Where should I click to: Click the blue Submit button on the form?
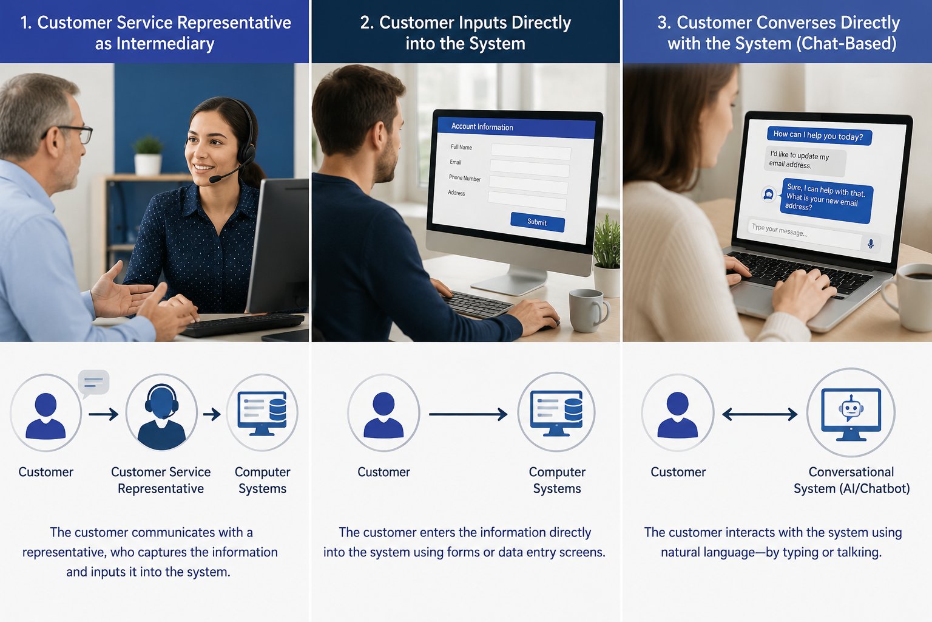point(538,222)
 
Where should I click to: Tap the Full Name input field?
point(531,151)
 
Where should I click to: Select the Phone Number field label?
point(465,178)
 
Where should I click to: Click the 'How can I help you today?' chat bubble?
point(819,135)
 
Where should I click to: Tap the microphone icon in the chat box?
point(871,244)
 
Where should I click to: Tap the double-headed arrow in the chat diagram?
point(760,414)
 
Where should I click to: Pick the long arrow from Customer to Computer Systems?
point(468,414)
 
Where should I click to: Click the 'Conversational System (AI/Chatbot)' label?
point(851,480)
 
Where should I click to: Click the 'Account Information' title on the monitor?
point(482,127)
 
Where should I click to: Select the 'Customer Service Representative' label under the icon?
point(161,480)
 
